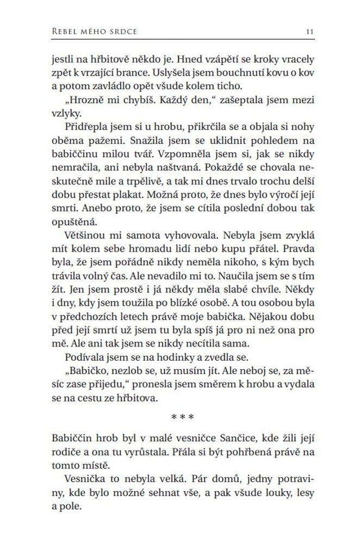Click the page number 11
[x=311, y=32]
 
